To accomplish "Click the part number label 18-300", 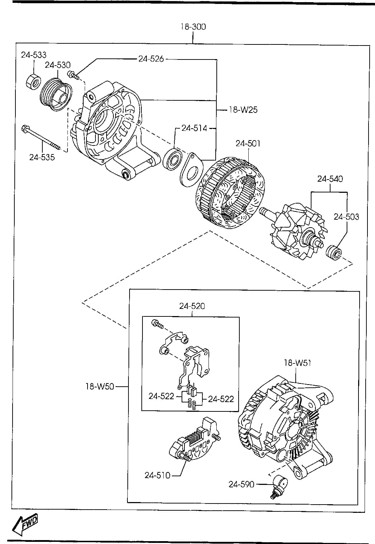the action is pyautogui.click(x=193, y=27).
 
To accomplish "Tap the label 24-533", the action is pyautogui.click(x=34, y=55).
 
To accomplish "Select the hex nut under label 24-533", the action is pyautogui.click(x=33, y=81).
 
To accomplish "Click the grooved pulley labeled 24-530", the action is pyautogui.click(x=56, y=95).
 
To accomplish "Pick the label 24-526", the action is pyautogui.click(x=151, y=59).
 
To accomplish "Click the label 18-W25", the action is pyautogui.click(x=243, y=110).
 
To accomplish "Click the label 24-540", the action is pyautogui.click(x=330, y=179).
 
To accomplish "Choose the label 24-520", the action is pyautogui.click(x=192, y=306).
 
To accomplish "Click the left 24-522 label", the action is pyautogui.click(x=161, y=396).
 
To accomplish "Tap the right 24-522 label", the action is pyautogui.click(x=221, y=399).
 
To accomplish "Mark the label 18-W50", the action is pyautogui.click(x=100, y=386).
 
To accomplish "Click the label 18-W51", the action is pyautogui.click(x=297, y=363).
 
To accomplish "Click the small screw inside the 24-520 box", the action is pyautogui.click(x=157, y=324).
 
